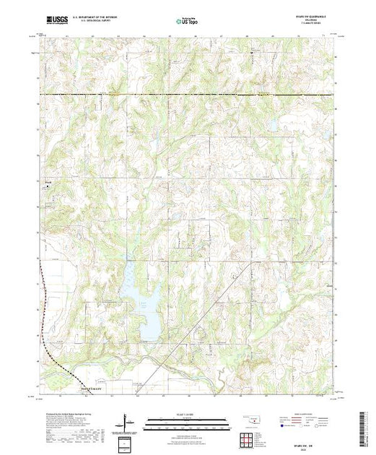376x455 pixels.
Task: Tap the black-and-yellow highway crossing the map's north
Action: click(x=188, y=95)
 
